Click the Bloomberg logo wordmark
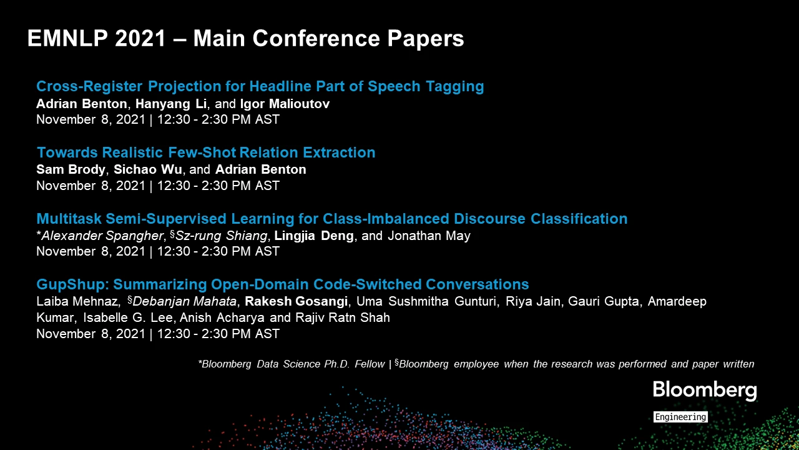[705, 391]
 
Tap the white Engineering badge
[680, 417]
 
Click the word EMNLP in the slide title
[67, 38]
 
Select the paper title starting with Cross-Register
[260, 86]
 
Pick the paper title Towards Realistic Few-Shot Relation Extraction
[206, 152]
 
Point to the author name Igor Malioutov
[285, 104]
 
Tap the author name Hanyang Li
[171, 104]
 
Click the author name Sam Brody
[71, 169]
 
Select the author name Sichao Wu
[148, 169]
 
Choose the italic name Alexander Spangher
[102, 236]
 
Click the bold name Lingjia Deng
[314, 236]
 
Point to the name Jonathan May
[429, 236]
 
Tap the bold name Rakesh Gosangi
[296, 301]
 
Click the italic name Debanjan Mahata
[184, 301]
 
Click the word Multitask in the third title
[69, 219]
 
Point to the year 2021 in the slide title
[140, 38]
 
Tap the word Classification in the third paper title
[579, 219]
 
